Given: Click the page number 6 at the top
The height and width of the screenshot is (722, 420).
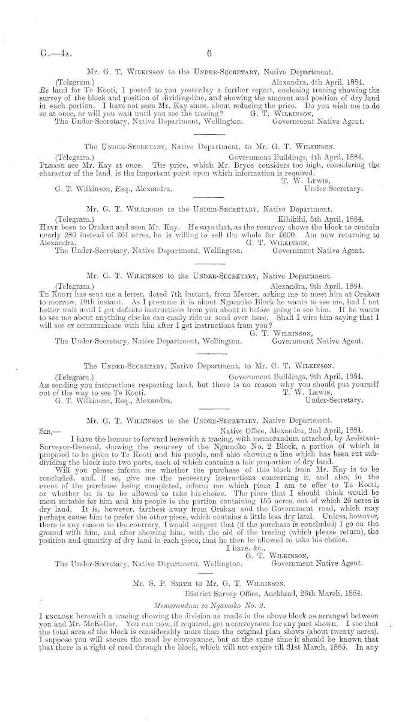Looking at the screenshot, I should click(210, 53).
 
